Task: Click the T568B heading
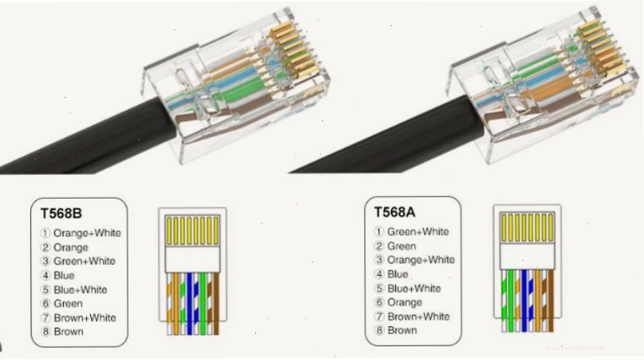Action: point(61,214)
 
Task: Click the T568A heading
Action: point(394,212)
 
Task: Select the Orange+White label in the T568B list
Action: point(87,233)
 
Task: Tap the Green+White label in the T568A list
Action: point(418,232)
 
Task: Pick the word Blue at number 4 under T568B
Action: point(64,275)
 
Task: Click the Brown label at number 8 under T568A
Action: point(402,330)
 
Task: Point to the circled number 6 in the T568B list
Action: point(45,304)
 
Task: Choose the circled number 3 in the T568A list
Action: point(379,260)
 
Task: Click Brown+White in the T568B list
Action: point(85,318)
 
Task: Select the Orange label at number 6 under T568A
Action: point(404,303)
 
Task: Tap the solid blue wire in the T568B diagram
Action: point(189,304)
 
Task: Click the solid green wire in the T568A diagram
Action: point(511,300)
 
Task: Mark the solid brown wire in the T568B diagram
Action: point(216,304)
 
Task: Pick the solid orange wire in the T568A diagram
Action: point(537,300)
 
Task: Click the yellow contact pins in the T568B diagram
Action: point(193,231)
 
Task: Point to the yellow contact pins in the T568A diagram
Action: point(527,227)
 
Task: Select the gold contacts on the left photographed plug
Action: point(293,49)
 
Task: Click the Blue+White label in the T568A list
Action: point(414,288)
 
